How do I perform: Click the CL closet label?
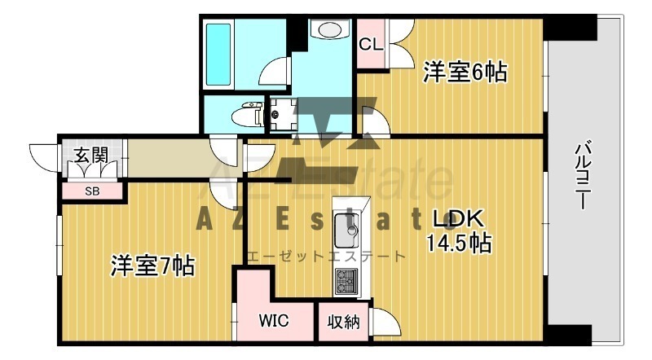371,44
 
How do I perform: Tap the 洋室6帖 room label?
465,72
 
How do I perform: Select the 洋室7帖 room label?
152,266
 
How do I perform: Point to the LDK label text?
459,219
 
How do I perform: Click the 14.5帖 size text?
459,243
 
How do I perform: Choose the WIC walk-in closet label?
274,321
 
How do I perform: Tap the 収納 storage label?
343,322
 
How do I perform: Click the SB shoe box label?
92,191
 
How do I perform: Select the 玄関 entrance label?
91,155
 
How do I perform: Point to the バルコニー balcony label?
583,176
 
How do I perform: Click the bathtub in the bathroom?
218,55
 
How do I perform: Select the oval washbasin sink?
330,29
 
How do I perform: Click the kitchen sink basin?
347,230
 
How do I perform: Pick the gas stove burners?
346,282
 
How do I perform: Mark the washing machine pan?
283,114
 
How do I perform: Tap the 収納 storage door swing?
386,321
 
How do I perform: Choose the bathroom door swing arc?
274,71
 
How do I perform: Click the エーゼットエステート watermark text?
326,256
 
